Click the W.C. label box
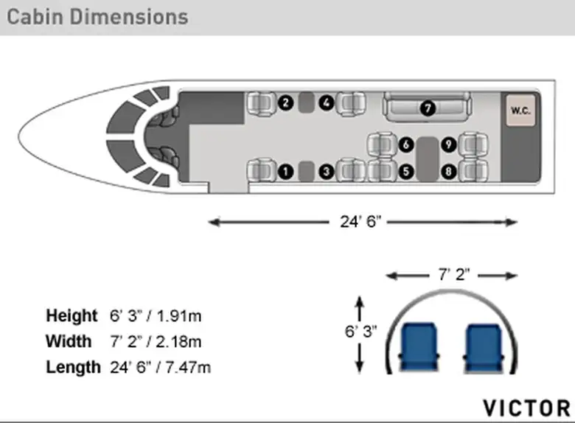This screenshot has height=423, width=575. tap(520, 111)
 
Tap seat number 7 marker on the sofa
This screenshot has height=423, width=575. tap(428, 108)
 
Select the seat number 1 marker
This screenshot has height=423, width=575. tap(286, 172)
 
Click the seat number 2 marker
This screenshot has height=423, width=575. tap(286, 102)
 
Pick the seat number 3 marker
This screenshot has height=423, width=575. tap(327, 172)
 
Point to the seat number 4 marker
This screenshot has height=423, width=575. tap(327, 102)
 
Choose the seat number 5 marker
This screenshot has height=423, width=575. tap(406, 172)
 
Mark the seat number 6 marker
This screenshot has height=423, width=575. tap(406, 144)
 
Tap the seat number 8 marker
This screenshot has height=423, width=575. tap(448, 172)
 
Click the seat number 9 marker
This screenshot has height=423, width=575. tap(448, 144)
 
